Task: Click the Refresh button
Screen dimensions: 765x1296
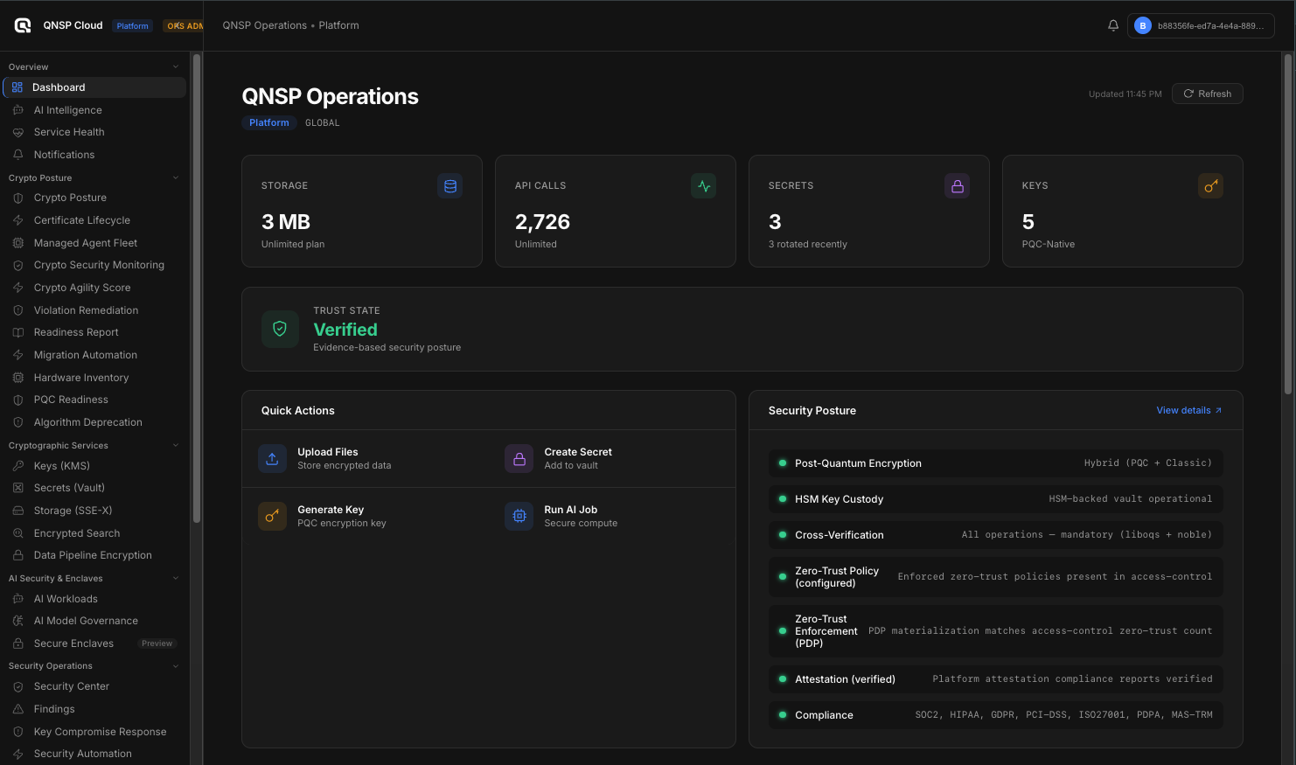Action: point(1207,94)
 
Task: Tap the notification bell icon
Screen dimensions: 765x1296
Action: point(1113,25)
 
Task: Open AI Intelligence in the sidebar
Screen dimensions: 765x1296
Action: point(67,110)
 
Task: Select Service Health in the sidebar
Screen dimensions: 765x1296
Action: point(68,132)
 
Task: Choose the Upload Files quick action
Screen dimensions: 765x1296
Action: point(327,458)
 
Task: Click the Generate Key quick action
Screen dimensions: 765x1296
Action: point(330,516)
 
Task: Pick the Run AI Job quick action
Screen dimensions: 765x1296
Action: point(570,516)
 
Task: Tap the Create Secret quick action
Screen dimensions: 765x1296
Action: point(577,458)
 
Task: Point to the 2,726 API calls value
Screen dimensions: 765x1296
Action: point(542,222)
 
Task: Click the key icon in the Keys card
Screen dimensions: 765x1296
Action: point(1210,186)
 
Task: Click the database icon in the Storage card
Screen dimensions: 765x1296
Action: point(450,186)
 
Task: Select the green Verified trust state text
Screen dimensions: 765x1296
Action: point(345,330)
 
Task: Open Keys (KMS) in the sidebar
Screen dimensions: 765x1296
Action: point(61,466)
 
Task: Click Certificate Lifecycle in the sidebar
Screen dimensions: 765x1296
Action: point(81,220)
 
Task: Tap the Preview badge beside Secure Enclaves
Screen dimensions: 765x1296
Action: point(157,643)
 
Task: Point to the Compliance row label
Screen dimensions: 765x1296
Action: point(824,715)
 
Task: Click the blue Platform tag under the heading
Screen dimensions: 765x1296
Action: point(268,122)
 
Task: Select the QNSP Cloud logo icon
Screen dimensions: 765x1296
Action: point(23,25)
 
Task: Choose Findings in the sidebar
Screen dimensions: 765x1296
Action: point(54,709)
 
